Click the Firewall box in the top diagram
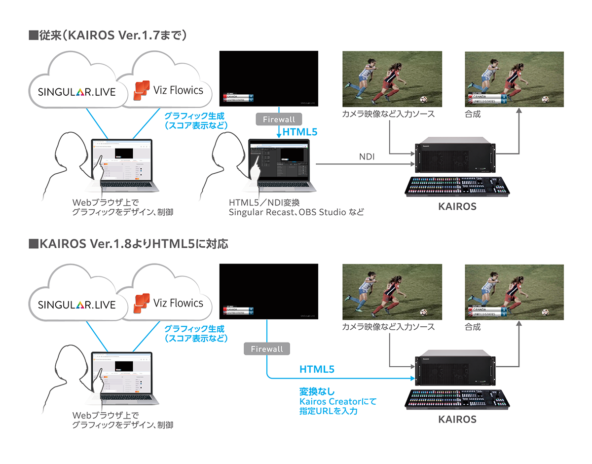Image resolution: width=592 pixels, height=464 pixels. pos(279,119)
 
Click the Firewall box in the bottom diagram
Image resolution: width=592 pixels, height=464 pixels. pos(267,349)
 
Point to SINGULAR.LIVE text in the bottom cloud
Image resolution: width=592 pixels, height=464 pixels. pos(76,305)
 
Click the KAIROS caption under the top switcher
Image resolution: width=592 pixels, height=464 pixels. pos(457,207)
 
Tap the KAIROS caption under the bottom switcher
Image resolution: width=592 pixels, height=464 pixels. pos(457,420)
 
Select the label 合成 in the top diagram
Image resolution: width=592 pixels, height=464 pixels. pos(473,115)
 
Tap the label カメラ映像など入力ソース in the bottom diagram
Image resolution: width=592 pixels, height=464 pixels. pos(388,327)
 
